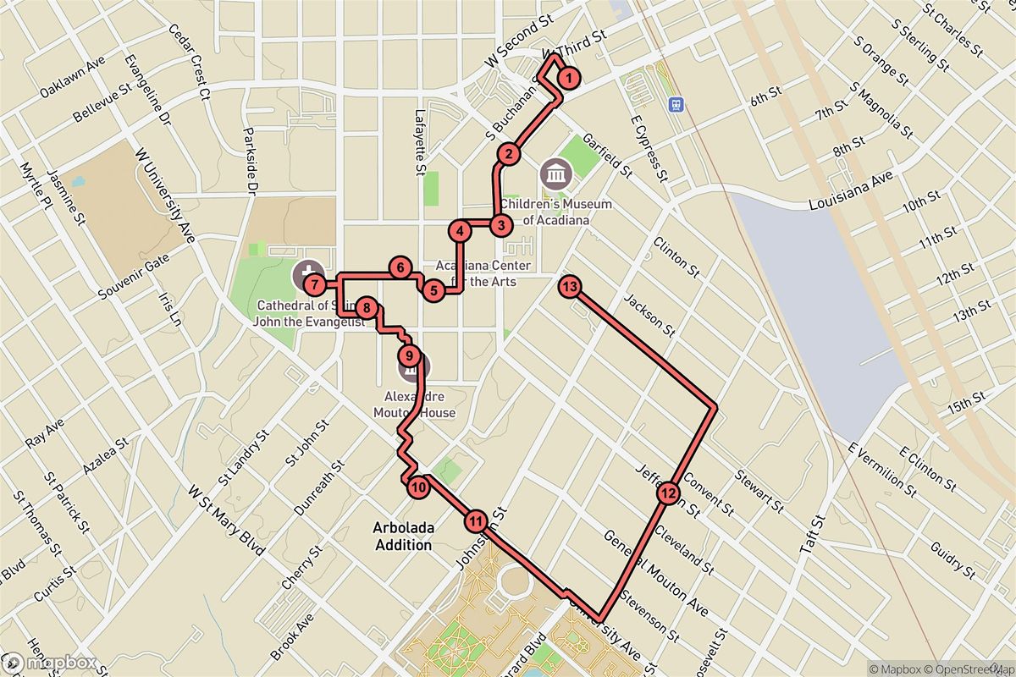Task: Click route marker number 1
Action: tap(570, 79)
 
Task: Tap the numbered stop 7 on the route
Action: tap(313, 283)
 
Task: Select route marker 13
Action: tap(570, 287)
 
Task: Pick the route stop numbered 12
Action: tap(667, 493)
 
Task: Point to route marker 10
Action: tap(418, 487)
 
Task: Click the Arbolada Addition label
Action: tap(404, 537)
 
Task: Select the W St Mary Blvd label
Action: tap(223, 516)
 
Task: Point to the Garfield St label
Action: tap(608, 154)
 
